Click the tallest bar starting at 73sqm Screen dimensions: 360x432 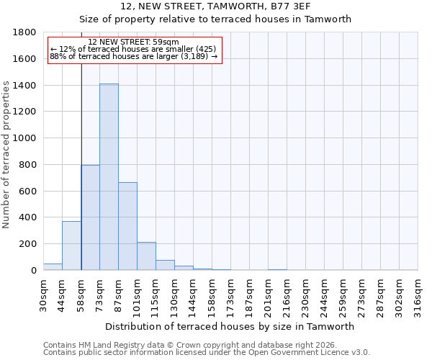(x=109, y=177)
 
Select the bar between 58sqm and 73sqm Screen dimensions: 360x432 (x=90, y=217)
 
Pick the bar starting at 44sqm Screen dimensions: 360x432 (x=71, y=246)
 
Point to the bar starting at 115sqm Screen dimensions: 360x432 (x=165, y=265)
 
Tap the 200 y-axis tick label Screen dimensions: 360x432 (x=28, y=244)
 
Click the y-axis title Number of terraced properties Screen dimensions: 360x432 (x=7, y=155)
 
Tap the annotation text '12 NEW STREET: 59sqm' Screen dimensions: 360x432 (x=133, y=42)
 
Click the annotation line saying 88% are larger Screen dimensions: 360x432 (x=133, y=56)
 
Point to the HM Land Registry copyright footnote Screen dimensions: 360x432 (x=189, y=345)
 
